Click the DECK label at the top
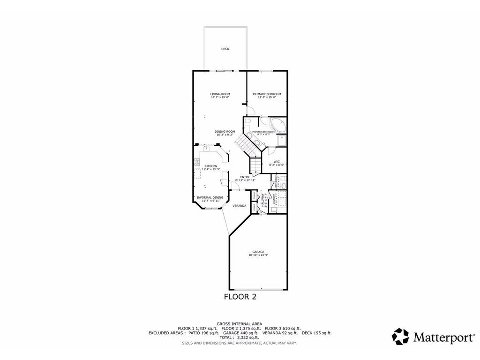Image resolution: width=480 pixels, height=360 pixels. [225, 49]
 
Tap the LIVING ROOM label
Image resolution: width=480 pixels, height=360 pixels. [219, 94]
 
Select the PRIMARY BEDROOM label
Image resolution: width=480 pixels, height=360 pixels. [267, 94]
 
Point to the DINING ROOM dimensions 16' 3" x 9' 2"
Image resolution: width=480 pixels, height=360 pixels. [225, 135]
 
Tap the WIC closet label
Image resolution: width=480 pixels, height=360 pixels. [277, 162]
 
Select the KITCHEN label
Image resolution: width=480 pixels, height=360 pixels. [210, 166]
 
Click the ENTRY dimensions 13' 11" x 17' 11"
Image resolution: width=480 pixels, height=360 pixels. [245, 180]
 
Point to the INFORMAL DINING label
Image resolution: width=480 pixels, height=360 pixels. [210, 198]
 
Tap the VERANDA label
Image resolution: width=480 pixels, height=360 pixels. [240, 205]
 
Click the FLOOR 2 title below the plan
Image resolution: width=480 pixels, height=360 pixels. [240, 296]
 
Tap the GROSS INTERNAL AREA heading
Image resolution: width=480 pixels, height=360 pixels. [240, 324]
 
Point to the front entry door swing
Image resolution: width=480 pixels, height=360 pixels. [237, 187]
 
